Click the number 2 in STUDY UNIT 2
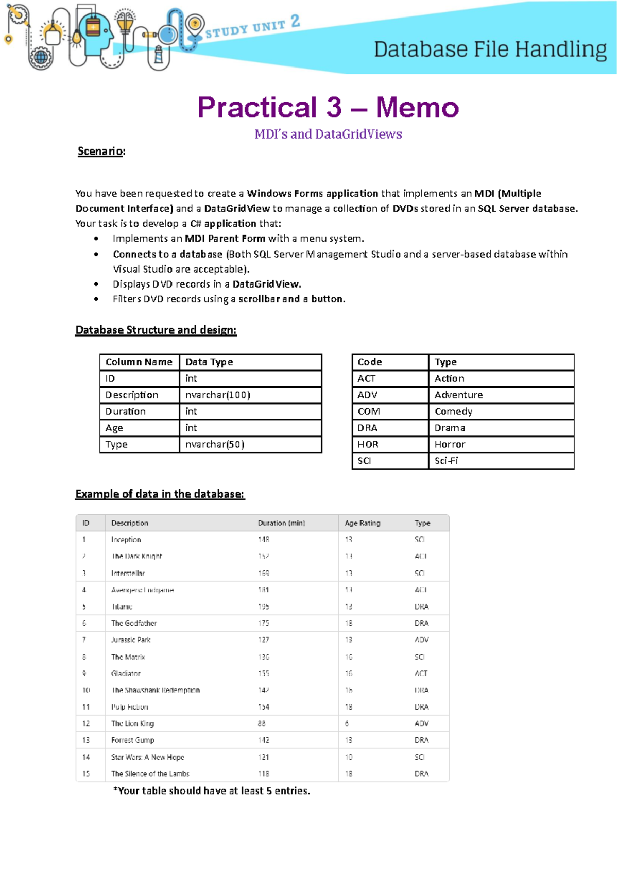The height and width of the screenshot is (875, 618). [295, 21]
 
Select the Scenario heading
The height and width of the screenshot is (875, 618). [101, 151]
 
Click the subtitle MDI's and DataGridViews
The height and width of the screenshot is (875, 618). [328, 134]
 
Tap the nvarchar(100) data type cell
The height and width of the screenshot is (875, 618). [218, 395]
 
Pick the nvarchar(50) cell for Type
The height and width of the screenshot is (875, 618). [215, 444]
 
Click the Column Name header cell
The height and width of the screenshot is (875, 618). [139, 362]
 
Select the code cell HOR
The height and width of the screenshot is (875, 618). [368, 444]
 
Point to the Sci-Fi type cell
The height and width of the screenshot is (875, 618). [446, 461]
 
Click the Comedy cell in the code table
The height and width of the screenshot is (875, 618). [453, 411]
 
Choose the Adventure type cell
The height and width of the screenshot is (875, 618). [458, 395]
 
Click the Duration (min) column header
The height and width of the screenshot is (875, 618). [281, 523]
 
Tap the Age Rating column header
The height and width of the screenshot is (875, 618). [363, 523]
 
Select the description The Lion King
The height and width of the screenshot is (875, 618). [132, 723]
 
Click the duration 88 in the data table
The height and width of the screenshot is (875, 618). [262, 723]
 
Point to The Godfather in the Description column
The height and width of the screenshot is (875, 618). [134, 623]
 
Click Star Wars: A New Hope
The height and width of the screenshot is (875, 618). [147, 757]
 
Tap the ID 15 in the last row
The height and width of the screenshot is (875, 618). [86, 773]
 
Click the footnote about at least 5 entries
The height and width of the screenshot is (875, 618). [212, 790]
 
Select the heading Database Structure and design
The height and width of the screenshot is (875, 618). [156, 330]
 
